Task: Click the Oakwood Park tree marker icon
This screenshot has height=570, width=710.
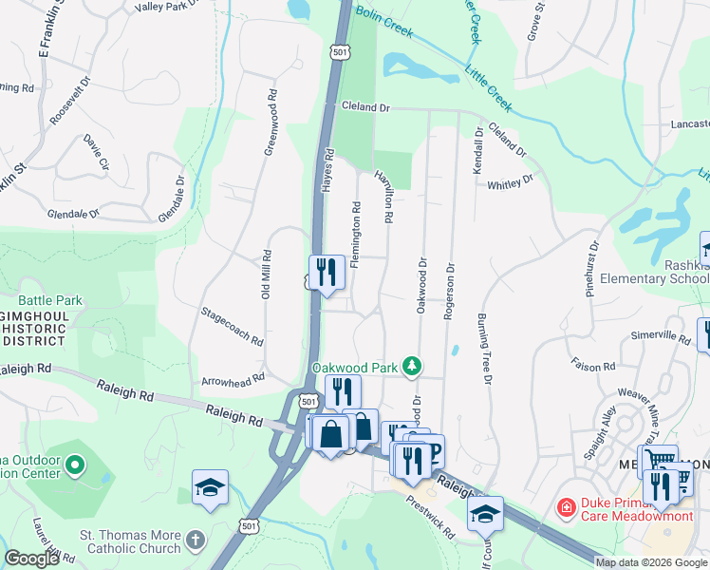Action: [x=411, y=366]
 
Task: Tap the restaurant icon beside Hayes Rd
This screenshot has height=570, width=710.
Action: [x=326, y=272]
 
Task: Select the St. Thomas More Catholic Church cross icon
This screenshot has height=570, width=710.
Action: [x=195, y=539]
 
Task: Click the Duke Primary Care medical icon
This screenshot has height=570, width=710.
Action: [x=567, y=509]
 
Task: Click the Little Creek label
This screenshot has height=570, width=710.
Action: [x=488, y=83]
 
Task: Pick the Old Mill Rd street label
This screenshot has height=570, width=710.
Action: [x=268, y=275]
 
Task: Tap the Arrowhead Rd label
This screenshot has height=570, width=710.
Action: [x=233, y=381]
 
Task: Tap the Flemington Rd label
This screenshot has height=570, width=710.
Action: [x=355, y=234]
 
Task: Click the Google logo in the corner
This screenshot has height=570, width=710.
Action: [x=31, y=559]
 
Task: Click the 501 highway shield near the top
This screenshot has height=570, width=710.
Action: [x=339, y=51]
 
